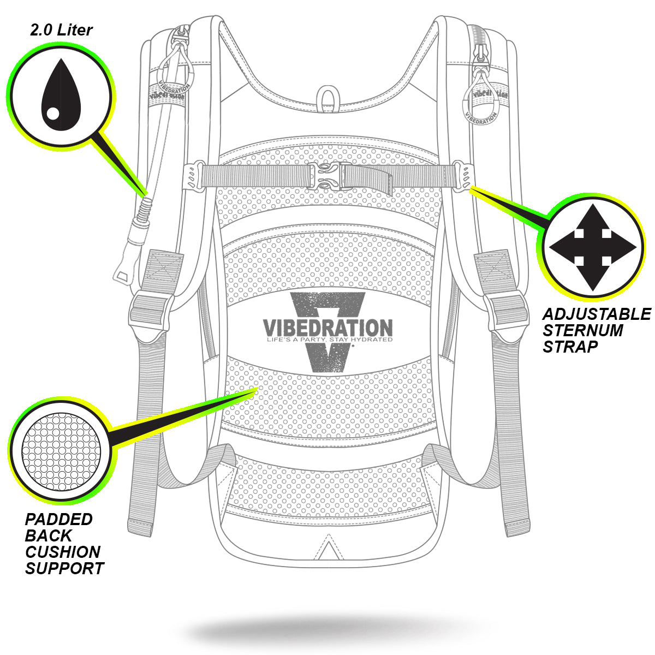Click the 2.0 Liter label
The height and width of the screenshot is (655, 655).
pos(61,30)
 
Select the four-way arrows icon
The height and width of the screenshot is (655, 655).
pos(592,247)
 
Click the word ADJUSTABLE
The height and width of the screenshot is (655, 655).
pos(596,314)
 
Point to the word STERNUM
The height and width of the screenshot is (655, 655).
pos(582,331)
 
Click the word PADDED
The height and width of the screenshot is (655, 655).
pos(59,520)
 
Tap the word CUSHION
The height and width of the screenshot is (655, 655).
pos(63,552)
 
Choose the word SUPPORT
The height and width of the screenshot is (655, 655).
pos(64,568)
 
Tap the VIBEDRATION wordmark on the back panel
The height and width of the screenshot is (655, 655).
pos(327,328)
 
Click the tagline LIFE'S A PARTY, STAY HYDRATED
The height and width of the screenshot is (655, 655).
pos(329,340)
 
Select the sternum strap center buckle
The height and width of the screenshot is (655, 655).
pos(326,176)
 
